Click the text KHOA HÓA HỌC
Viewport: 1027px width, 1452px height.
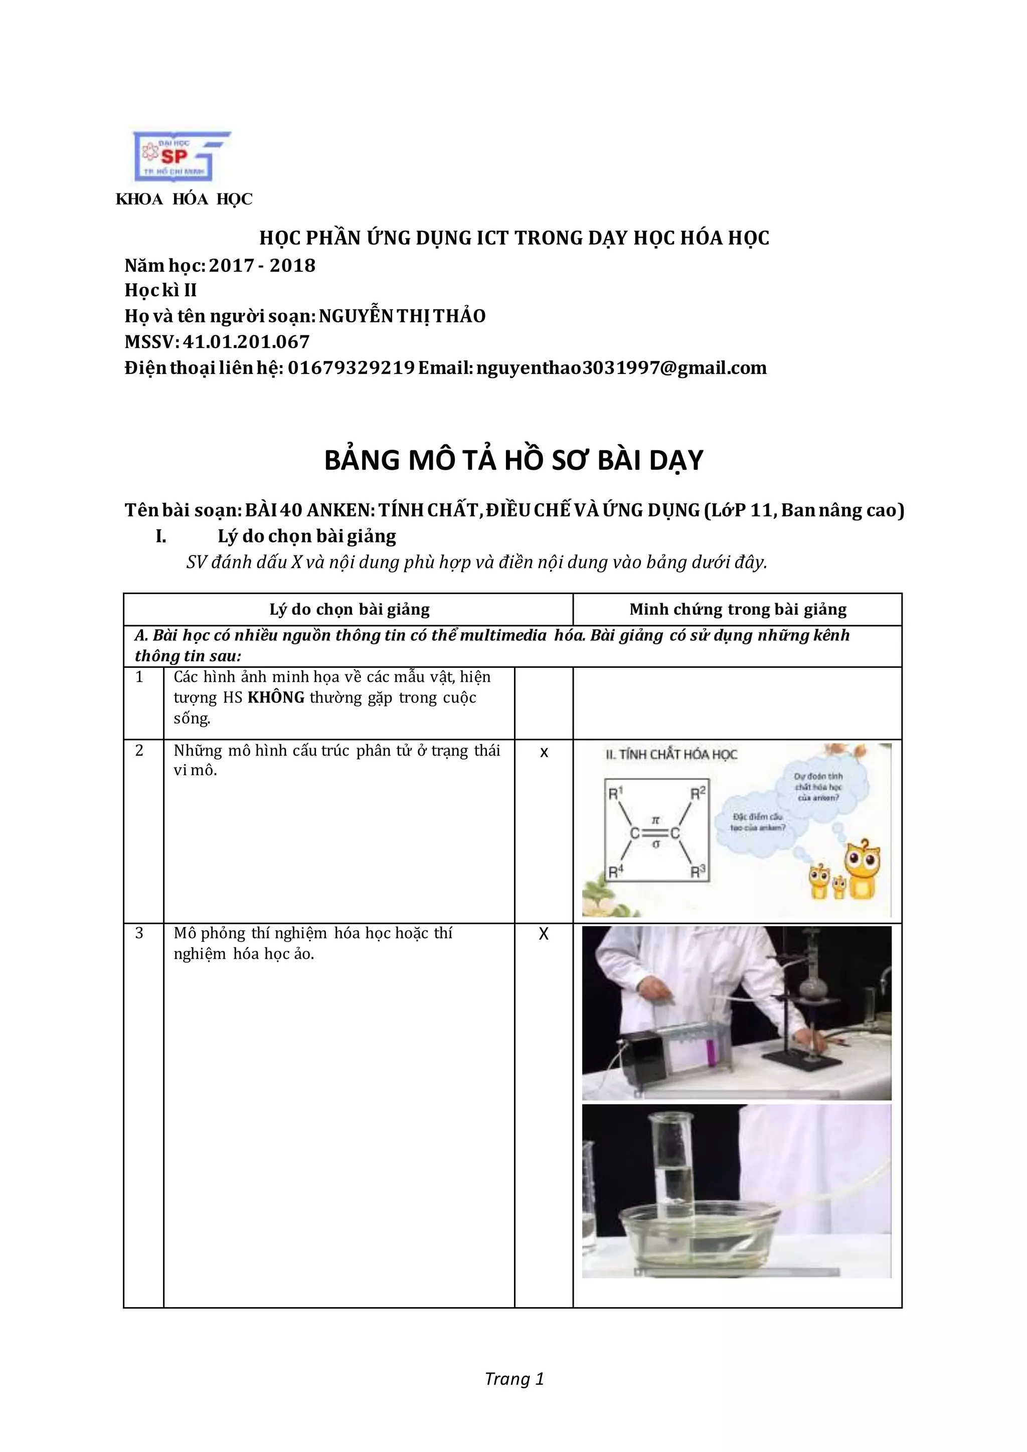point(184,199)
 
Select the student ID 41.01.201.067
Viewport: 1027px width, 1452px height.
point(246,342)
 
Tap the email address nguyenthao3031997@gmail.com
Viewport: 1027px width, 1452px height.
point(621,368)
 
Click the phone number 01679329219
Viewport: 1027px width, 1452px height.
point(351,368)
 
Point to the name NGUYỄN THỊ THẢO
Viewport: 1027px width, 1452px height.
point(402,316)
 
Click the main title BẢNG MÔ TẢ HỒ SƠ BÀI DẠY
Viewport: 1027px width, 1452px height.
point(513,460)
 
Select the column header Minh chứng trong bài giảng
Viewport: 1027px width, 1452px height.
point(737,610)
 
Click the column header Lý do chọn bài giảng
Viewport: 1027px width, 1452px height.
point(349,610)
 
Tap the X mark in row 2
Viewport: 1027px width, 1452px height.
point(544,753)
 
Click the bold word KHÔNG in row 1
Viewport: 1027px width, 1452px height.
point(276,697)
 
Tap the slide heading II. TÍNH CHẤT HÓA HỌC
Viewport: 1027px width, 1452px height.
point(671,755)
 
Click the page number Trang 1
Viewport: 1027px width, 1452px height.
point(514,1379)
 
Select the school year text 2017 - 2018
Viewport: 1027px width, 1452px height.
point(262,266)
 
